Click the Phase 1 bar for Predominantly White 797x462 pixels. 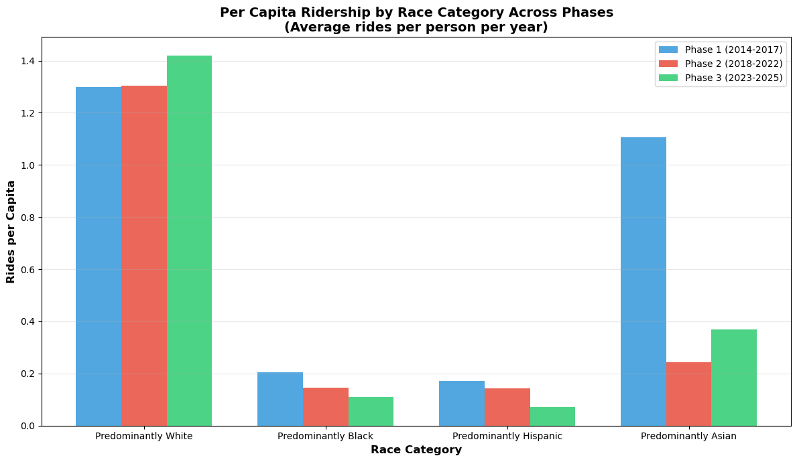pyautogui.click(x=99, y=256)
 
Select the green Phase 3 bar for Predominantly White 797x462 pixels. pyautogui.click(x=189, y=241)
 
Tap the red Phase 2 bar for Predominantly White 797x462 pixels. pyautogui.click(x=144, y=256)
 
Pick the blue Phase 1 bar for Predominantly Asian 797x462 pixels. pyautogui.click(x=643, y=281)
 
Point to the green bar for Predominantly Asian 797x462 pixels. pyautogui.click(x=734, y=378)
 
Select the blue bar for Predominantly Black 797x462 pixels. pyautogui.click(x=280, y=399)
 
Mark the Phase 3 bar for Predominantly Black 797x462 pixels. pyautogui.click(x=371, y=411)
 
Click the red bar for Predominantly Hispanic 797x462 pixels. pyautogui.click(x=507, y=407)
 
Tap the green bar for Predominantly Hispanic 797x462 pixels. pyautogui.click(x=552, y=416)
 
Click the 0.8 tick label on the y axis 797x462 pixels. pyautogui.click(x=30, y=218)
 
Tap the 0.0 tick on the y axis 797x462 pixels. pyautogui.click(x=30, y=426)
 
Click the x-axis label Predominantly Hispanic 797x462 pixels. pyautogui.click(x=507, y=436)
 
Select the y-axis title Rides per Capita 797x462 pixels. pyautogui.click(x=11, y=232)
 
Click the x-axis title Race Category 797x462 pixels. pyautogui.click(x=416, y=450)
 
